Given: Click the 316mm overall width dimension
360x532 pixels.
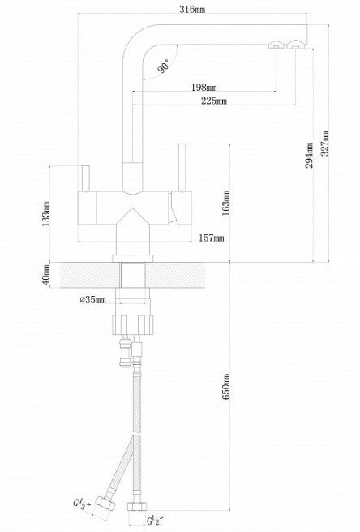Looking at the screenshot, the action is click(192, 9).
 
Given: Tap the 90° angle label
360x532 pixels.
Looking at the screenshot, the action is click(164, 66).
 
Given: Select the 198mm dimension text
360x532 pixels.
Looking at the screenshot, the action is click(204, 88).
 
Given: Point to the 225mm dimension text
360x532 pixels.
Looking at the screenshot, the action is click(214, 101).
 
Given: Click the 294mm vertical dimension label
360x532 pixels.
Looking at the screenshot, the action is click(310, 155).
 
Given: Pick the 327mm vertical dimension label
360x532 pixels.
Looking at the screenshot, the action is click(325, 143).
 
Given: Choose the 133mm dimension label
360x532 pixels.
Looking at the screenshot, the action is click(46, 214).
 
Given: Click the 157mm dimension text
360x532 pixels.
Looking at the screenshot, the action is click(211, 238).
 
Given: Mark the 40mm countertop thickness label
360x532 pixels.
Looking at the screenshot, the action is click(46, 275).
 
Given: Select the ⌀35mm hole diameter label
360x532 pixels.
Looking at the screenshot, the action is click(92, 299).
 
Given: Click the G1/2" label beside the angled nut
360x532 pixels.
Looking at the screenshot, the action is click(82, 503).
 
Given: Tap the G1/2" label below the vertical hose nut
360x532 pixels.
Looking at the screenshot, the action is click(155, 520).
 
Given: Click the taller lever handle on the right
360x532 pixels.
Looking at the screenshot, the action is click(182, 168).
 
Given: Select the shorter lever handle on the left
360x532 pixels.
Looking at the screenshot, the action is click(85, 178).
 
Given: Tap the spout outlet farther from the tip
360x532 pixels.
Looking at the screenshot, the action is click(276, 45).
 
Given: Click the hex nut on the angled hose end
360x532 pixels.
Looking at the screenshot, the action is click(105, 504).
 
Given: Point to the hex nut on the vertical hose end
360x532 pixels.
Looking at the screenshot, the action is click(137, 506).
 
